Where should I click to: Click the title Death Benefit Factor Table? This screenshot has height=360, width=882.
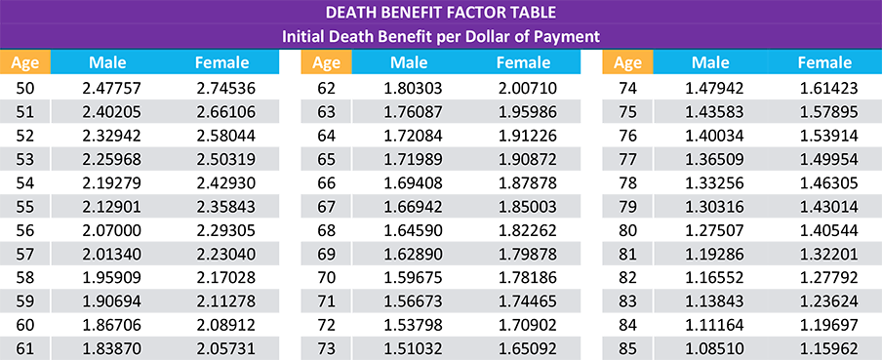tap(440, 13)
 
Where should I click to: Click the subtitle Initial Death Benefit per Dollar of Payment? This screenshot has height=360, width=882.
tap(440, 36)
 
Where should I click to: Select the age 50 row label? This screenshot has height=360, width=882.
tap(25, 88)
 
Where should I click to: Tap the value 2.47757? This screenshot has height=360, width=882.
tap(107, 88)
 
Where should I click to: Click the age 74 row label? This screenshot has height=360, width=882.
tap(628, 88)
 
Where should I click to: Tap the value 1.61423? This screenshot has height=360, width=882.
tap(824, 88)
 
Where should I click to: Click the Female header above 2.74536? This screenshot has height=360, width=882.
tap(222, 62)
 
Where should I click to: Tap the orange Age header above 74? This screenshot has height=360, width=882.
tap(628, 62)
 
